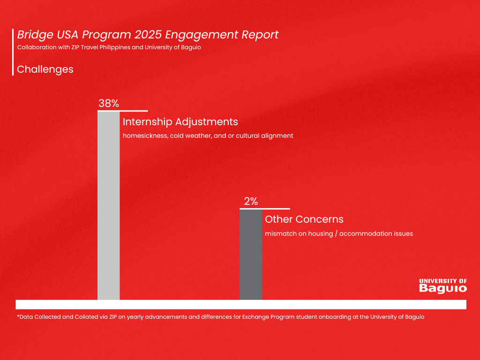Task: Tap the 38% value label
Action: coord(108,104)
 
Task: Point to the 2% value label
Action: coord(251,202)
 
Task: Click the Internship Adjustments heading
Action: coord(180,122)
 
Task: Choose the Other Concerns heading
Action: coord(304,219)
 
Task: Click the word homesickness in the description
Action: coord(141,136)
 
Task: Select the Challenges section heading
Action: coord(45,69)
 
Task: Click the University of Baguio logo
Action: coord(442,285)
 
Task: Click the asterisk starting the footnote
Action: coord(18,316)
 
